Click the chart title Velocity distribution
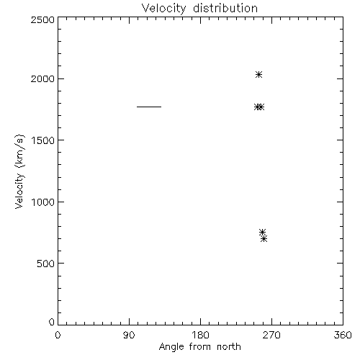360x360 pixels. pos(199,9)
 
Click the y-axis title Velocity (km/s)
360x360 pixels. pos(19,171)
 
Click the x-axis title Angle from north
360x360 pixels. pos(199,347)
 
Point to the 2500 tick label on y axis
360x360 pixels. pos(42,19)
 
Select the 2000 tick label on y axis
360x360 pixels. pos(42,78)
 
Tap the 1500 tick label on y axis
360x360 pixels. pos(43,140)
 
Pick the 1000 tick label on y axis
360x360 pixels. pos(43,202)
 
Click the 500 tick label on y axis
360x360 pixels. pos(46,264)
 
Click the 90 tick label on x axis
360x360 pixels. pos(129,335)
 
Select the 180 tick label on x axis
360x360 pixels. pos(200,335)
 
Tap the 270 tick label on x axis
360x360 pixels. pos(271,335)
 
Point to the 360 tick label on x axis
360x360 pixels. pos(343,335)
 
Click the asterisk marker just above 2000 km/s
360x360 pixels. pos(258,75)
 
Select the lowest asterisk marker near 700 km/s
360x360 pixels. pos(264,239)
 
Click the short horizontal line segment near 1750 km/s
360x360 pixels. pos(149,107)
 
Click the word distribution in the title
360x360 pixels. pos(225,9)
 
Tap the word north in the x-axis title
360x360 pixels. pos(229,347)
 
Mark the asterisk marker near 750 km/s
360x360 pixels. pos(262,232)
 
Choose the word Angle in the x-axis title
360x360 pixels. pos(171,347)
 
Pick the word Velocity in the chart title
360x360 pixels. pos(163,9)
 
